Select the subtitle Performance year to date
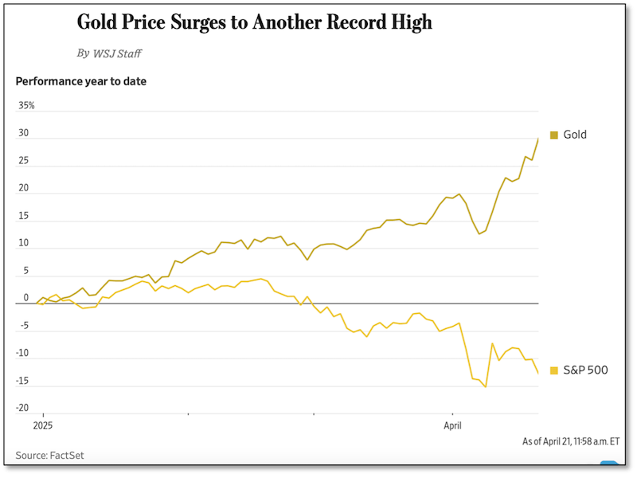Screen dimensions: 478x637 [x=81, y=80]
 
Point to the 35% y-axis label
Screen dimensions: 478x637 [x=26, y=106]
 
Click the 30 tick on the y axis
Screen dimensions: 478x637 [x=24, y=133]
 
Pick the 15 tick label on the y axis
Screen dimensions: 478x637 [x=24, y=216]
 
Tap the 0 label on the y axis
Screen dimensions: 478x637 [x=25, y=298]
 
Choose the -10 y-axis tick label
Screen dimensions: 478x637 [x=23, y=353]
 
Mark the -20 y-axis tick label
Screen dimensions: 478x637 [x=23, y=408]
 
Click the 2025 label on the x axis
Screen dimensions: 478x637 [x=42, y=426]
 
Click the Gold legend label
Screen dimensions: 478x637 [x=575, y=135]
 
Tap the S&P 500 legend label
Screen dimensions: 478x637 [x=585, y=370]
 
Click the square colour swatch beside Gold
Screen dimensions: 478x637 [x=554, y=135]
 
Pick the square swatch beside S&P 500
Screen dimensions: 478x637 [x=554, y=370]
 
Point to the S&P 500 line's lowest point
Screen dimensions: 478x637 [x=486, y=387]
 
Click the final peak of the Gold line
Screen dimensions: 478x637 [x=537, y=139]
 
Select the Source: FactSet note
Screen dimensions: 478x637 [x=49, y=456]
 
